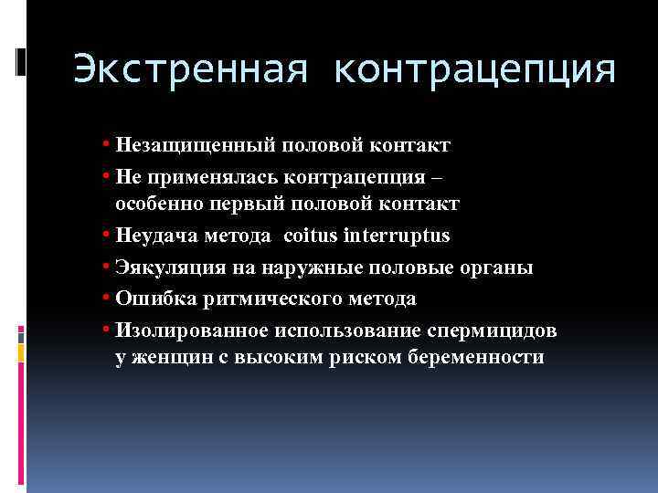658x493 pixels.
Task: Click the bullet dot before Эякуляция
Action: tap(108, 267)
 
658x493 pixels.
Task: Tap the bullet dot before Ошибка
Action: tap(108, 298)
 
